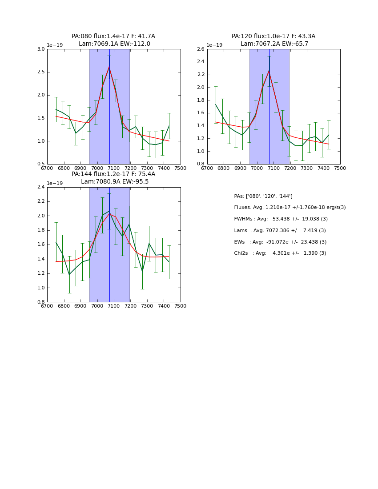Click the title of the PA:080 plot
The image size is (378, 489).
tap(113, 40)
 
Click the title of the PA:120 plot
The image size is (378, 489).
tap(273, 40)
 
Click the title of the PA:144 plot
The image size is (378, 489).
tap(113, 178)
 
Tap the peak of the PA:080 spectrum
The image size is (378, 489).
tap(109, 67)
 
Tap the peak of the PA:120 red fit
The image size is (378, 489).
tap(269, 70)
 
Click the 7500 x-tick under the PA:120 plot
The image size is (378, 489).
tap(340, 168)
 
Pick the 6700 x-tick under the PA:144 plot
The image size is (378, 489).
tap(47, 306)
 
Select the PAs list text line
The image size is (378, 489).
tap(263, 196)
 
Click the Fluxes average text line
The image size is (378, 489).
tap(290, 208)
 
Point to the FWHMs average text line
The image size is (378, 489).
tap(281, 219)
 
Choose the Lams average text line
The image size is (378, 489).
tap(280, 231)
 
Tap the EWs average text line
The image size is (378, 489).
tap(280, 242)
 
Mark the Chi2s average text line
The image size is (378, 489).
tap(280, 253)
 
